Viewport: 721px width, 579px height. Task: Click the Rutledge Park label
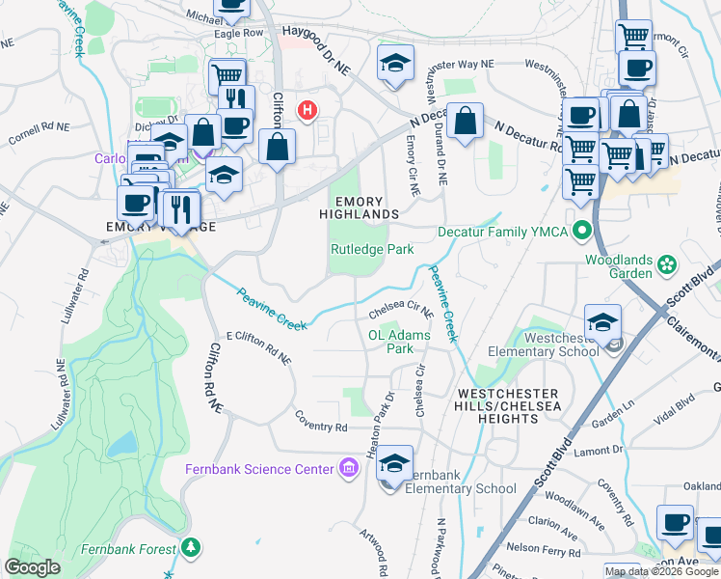372,249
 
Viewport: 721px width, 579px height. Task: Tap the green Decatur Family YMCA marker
582,232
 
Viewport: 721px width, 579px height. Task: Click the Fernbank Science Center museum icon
349,470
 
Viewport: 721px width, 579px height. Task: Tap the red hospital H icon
307,110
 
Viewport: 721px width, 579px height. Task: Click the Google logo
33,567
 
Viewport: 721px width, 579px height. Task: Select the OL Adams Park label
399,342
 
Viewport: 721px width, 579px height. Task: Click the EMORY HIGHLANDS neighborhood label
365,205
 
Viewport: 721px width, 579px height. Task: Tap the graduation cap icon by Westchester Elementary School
601,322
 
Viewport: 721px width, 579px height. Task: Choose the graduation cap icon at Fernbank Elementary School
393,463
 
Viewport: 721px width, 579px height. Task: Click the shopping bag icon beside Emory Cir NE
465,121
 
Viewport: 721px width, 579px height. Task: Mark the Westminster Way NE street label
460,64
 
